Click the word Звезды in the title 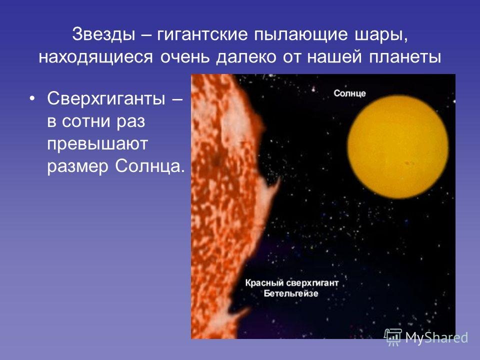point(103,34)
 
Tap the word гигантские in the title point(202,34)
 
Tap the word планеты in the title point(405,57)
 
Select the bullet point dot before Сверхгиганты point(31,99)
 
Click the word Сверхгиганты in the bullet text point(106,99)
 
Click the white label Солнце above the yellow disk point(349,93)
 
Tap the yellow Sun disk point(398,146)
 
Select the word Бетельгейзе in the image point(291,293)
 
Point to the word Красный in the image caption point(266,283)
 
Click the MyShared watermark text point(436,337)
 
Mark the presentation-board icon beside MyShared point(393,337)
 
